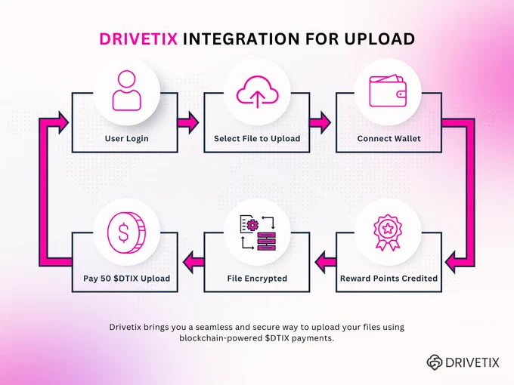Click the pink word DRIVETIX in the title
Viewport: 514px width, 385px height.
point(138,38)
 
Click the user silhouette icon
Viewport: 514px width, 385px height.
point(127,91)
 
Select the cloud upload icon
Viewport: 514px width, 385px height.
point(257,91)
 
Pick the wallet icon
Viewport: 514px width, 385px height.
point(388,91)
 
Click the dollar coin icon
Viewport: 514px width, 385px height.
point(126,233)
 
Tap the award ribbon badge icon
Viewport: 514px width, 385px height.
point(388,233)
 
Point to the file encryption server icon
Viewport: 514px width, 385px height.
point(258,233)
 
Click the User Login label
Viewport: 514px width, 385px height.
point(126,138)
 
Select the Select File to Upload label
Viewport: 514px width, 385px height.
point(257,138)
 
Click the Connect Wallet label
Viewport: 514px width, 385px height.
point(389,138)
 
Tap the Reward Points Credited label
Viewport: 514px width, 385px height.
point(389,279)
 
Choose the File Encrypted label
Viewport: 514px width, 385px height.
point(257,279)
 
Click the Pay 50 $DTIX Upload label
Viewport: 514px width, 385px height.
point(126,279)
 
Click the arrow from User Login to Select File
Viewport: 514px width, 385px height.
point(188,123)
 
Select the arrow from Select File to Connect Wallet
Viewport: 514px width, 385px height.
point(320,123)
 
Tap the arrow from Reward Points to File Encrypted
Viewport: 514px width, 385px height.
point(325,262)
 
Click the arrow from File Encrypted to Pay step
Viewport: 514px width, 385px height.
point(194,262)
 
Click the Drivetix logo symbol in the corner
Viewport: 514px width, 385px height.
point(435,362)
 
